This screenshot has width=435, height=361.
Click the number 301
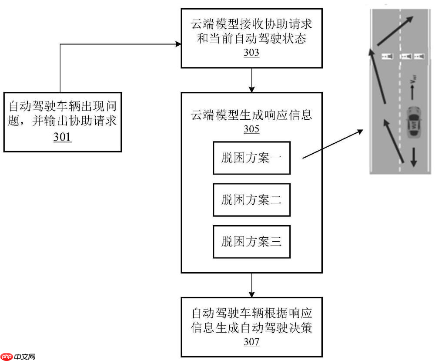(63, 137)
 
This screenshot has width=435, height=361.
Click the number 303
(251, 53)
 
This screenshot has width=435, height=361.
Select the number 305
(251, 129)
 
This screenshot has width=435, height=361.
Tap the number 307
(251, 342)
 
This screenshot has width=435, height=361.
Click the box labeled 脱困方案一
(251, 158)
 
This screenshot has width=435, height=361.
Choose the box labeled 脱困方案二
(251, 200)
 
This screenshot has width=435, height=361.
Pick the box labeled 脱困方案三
(251, 242)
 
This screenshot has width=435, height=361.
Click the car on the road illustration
(413, 122)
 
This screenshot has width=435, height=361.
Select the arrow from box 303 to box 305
(251, 80)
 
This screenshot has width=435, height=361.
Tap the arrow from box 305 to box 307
(251, 285)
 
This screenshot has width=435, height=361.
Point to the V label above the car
(414, 80)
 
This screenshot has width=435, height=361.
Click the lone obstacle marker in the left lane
(387, 56)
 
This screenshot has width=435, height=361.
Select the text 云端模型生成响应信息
(251, 115)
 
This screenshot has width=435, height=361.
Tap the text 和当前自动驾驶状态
(251, 39)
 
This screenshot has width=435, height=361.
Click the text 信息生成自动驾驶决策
(251, 328)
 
